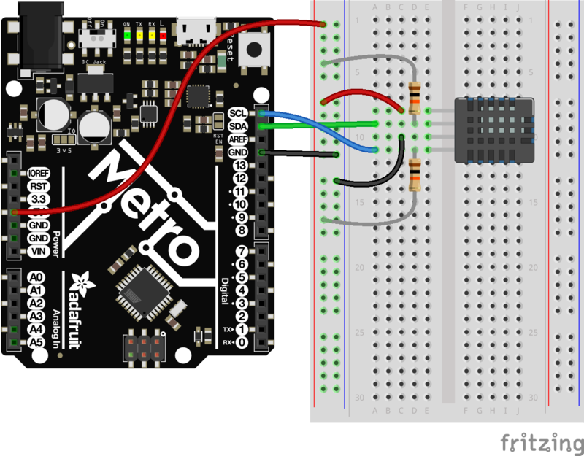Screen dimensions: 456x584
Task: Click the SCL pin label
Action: [238, 113]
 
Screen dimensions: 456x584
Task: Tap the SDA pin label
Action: [238, 126]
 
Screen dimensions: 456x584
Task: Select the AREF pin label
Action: [238, 139]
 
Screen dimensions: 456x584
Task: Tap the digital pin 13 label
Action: [240, 165]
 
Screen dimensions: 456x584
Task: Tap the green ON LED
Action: [128, 34]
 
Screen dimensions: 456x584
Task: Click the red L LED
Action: [164, 34]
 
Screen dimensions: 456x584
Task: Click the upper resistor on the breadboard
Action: [415, 98]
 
